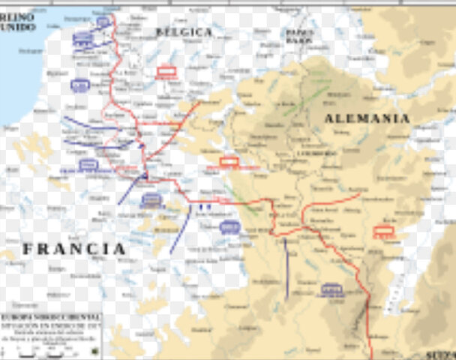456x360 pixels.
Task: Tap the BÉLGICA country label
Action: (184, 31)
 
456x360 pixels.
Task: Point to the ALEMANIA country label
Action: (367, 118)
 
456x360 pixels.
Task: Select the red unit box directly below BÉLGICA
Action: (166, 73)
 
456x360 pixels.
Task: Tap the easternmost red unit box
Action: (384, 232)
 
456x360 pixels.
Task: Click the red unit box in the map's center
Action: (229, 161)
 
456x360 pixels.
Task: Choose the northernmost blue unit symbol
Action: (103, 22)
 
